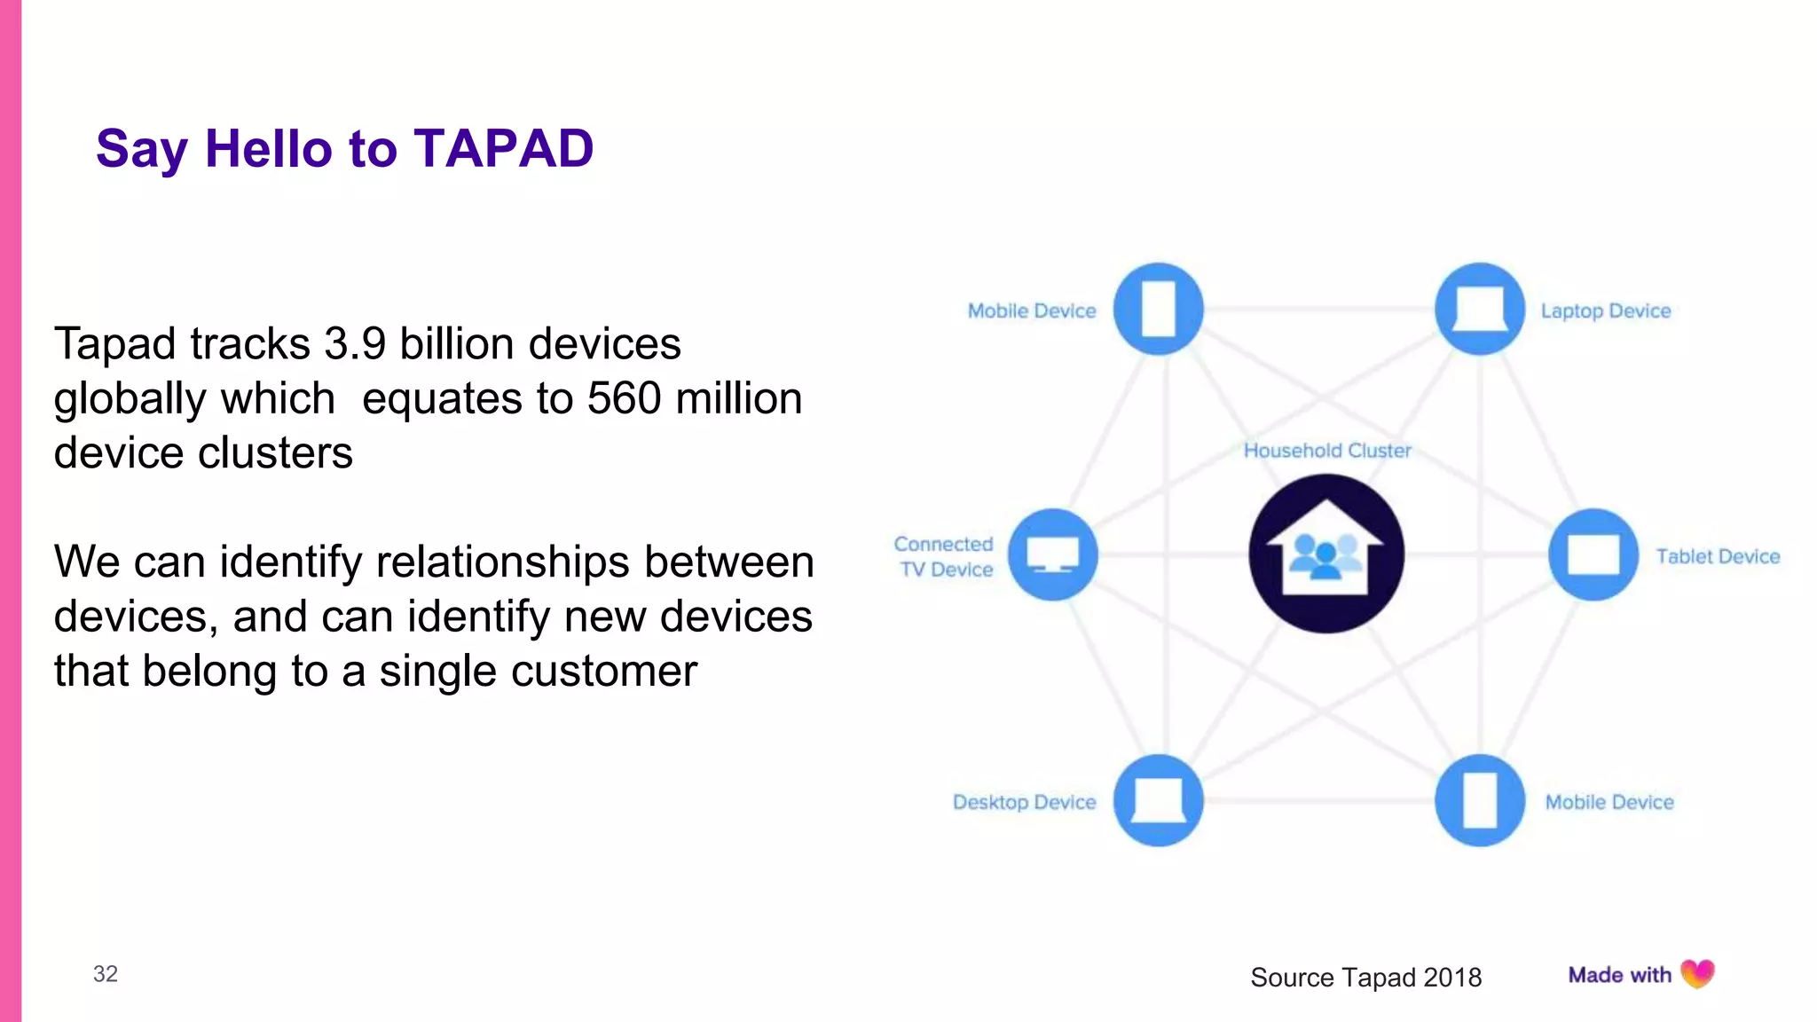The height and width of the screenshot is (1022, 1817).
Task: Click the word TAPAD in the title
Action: [503, 148]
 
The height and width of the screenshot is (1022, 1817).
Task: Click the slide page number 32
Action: [106, 974]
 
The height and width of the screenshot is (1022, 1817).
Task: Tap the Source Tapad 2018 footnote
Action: [1365, 978]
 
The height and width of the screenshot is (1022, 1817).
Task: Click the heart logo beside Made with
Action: [1697, 974]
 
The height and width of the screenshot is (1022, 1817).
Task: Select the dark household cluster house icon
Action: [1325, 554]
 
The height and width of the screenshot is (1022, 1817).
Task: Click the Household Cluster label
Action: [1326, 451]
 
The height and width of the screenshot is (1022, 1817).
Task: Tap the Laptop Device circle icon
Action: [1479, 309]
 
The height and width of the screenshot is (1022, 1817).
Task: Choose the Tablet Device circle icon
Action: [1593, 554]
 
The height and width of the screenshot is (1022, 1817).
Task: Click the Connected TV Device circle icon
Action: [1052, 554]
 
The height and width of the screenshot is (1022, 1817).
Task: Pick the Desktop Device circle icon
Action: [1158, 800]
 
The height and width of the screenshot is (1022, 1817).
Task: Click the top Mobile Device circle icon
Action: [1158, 309]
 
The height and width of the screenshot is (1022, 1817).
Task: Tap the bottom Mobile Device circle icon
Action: [1479, 800]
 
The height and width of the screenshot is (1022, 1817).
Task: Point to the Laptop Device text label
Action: [1605, 311]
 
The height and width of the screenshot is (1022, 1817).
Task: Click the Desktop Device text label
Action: [1024, 802]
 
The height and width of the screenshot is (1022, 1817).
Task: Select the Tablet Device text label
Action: [1718, 557]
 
